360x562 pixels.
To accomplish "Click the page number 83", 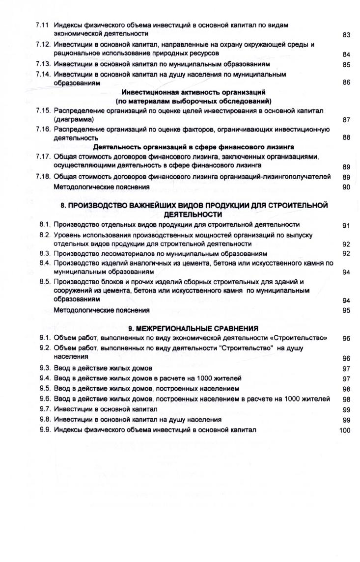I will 346,35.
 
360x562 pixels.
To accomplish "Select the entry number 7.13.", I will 44,64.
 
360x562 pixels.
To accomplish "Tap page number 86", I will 346,82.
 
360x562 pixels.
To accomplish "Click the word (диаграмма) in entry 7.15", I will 74,119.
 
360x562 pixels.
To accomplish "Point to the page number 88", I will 346,138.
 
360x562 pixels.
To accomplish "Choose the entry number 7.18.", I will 44,177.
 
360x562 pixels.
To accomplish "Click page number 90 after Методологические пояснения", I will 346,187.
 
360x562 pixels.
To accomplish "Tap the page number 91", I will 346,226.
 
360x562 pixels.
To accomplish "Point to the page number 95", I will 346,311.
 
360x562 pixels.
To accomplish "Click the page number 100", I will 345,430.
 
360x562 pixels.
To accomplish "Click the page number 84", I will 346,54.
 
